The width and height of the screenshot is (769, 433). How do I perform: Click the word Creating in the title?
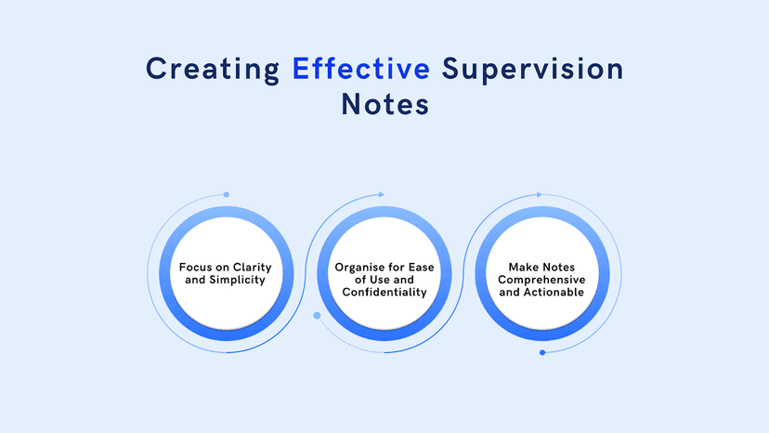213,69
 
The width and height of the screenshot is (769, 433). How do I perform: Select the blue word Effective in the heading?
361,69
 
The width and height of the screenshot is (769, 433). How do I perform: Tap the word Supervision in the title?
532,69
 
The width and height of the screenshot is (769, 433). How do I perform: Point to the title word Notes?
384,104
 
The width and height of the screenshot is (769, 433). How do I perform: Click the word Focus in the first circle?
199,267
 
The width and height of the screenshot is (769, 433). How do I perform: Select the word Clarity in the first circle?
254,267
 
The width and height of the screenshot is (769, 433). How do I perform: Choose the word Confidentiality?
384,292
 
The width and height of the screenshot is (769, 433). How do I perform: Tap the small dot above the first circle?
227,194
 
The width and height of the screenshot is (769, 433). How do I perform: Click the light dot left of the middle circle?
317,316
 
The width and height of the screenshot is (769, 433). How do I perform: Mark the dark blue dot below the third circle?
542,352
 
